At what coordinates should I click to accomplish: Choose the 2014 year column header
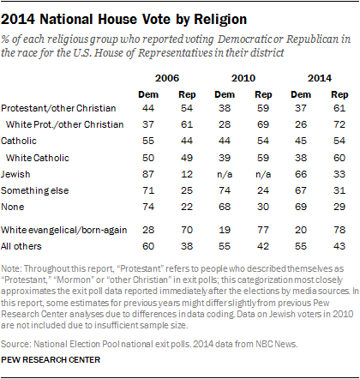(321, 75)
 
